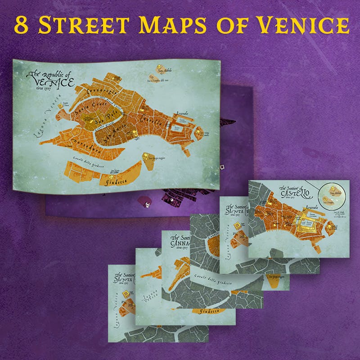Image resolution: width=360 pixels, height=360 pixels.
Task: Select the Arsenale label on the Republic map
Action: click(x=182, y=115)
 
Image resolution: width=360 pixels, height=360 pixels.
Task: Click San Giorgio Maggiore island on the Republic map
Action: click(x=147, y=157)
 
